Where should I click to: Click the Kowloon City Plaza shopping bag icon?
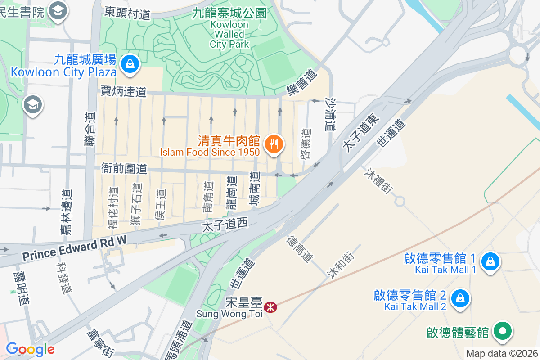(130, 63)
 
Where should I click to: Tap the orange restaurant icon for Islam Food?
(272, 144)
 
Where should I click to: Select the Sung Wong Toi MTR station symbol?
(270, 307)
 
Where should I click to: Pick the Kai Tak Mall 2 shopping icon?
(460, 298)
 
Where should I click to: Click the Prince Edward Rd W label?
(74, 250)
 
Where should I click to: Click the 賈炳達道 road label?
(124, 92)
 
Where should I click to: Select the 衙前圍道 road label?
(124, 169)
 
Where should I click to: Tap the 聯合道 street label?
(90, 128)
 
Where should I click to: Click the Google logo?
(30, 349)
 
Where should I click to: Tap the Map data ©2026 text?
(502, 353)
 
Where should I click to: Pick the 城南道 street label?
(255, 189)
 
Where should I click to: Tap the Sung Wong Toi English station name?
(229, 314)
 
